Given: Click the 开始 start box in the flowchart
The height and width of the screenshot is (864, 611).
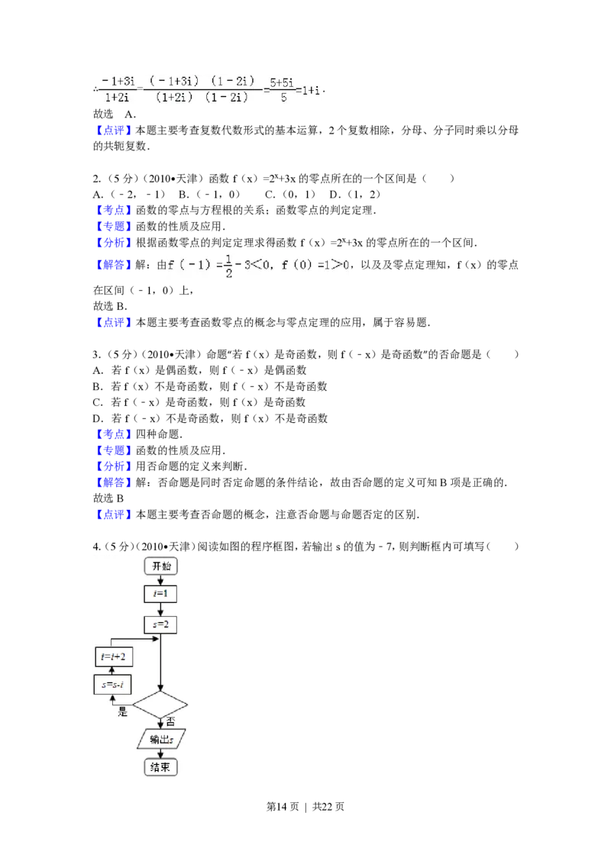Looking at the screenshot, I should (x=160, y=566).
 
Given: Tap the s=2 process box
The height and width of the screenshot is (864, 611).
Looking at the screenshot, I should (x=160, y=625).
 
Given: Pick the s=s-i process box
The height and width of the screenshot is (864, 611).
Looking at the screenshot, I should (x=113, y=685).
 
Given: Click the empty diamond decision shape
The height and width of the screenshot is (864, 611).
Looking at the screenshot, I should (x=160, y=705).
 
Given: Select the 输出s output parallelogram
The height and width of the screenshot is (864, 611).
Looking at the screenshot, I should (x=161, y=740).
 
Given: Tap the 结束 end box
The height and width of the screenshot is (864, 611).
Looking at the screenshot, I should (x=160, y=767).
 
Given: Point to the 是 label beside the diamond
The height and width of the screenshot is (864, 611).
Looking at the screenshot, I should (x=122, y=713).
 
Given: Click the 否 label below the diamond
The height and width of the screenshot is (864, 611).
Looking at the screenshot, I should (x=171, y=721).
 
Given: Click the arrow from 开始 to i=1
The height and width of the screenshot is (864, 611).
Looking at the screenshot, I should (x=160, y=580).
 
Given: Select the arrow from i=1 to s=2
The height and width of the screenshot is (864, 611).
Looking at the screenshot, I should (x=160, y=609).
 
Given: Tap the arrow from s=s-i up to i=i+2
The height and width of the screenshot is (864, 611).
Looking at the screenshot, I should (x=113, y=670).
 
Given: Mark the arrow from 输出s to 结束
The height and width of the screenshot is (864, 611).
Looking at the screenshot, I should (x=160, y=753).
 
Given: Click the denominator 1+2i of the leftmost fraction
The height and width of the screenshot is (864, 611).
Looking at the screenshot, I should (x=116, y=98).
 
